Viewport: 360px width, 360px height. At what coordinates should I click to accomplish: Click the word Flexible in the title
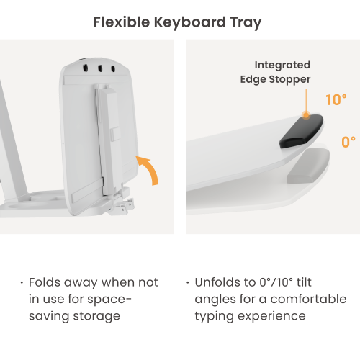pyautogui.click(x=122, y=22)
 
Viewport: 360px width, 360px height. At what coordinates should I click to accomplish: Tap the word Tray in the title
pyautogui.click(x=246, y=23)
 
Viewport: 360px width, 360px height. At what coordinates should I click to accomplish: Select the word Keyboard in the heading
pyautogui.click(x=190, y=22)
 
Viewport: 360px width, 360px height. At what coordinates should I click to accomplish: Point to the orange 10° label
pyautogui.click(x=336, y=100)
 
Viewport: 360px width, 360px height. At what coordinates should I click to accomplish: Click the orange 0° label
pyautogui.click(x=348, y=142)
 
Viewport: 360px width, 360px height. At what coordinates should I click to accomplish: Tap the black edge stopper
pyautogui.click(x=301, y=131)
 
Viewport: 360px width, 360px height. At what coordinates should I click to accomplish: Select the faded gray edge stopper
pyautogui.click(x=308, y=166)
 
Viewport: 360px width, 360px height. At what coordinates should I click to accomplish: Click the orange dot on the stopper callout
pyautogui.click(x=306, y=115)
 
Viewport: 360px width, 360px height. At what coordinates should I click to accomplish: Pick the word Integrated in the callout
pyautogui.click(x=282, y=66)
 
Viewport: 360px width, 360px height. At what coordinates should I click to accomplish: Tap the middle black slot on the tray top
pyautogui.click(x=100, y=68)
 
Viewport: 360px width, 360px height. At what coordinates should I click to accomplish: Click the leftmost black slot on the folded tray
pyautogui.click(x=85, y=68)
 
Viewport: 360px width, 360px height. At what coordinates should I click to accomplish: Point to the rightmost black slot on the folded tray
pyautogui.click(x=113, y=69)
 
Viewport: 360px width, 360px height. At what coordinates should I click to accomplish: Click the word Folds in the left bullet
pyautogui.click(x=45, y=282)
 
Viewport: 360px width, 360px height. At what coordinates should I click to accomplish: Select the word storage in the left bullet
pyautogui.click(x=96, y=316)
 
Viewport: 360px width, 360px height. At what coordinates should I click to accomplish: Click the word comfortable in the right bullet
pyautogui.click(x=308, y=299)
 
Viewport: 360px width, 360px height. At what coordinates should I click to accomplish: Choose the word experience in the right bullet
pyautogui.click(x=271, y=316)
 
